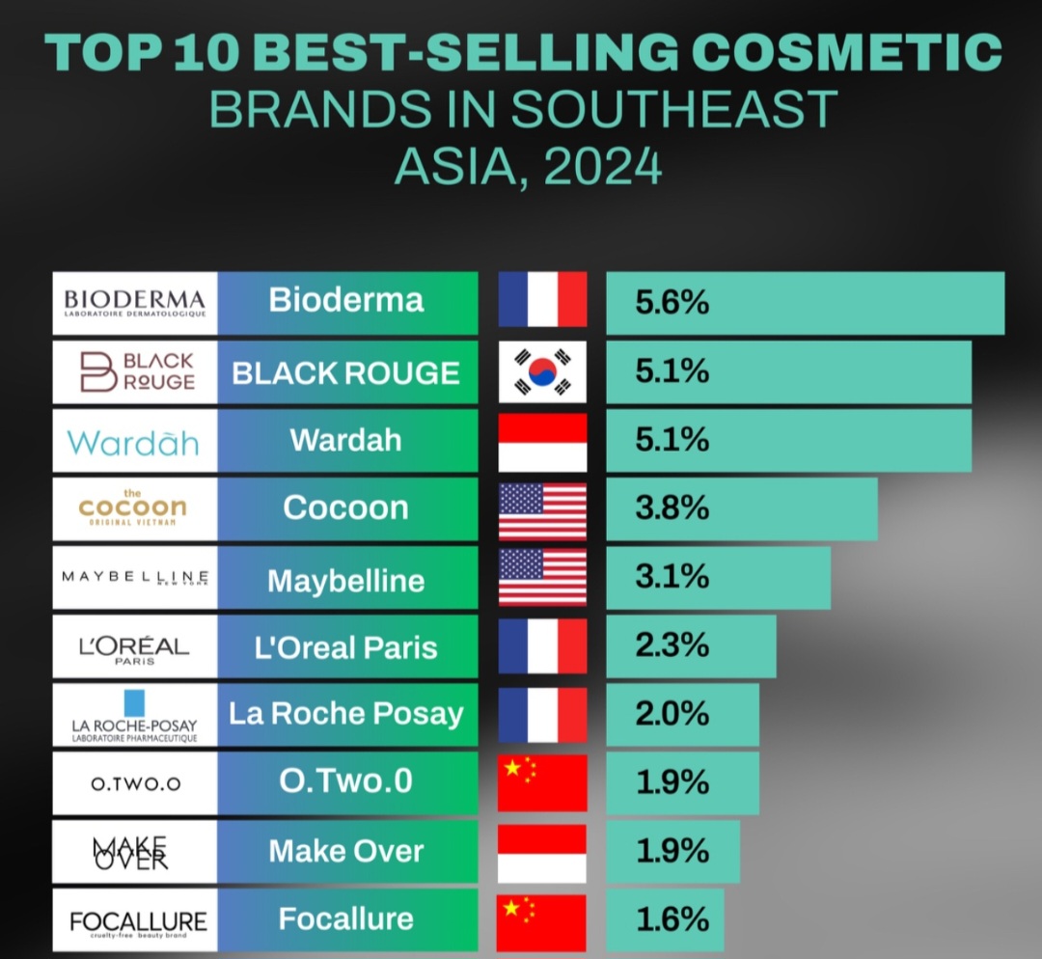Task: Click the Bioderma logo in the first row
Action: coord(135,303)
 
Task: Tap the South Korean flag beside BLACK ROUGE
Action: coord(542,371)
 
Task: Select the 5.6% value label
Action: coord(672,303)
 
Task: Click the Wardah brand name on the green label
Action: coord(346,440)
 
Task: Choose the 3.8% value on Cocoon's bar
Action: coord(672,508)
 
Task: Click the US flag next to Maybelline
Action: coord(542,577)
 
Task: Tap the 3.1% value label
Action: coord(672,577)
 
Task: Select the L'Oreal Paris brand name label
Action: coord(346,646)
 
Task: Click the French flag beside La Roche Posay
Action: coord(542,715)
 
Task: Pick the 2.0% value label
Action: coord(672,715)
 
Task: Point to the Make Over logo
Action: coord(135,852)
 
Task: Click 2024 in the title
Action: coord(602,166)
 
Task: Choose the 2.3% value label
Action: coord(672,646)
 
